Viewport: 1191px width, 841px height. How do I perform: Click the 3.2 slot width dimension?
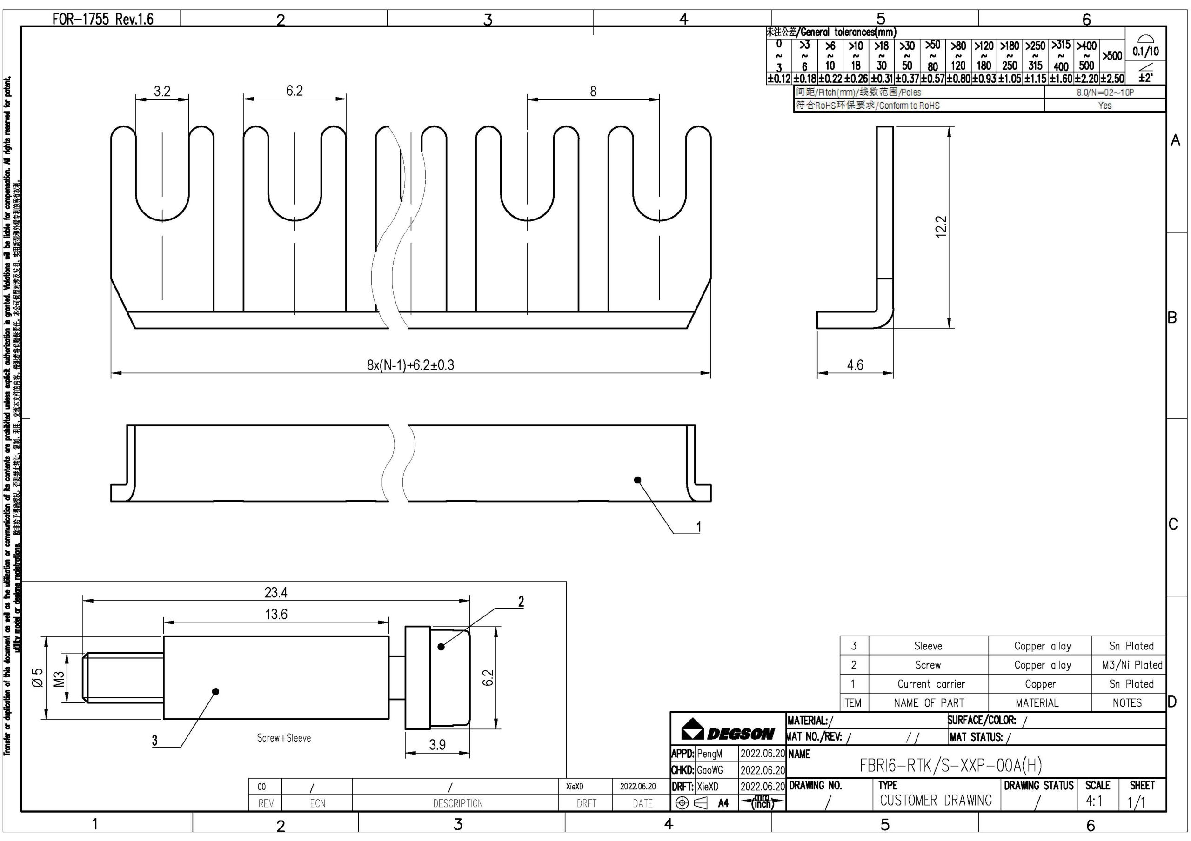[x=162, y=91]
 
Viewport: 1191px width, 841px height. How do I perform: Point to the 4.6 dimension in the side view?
[x=855, y=365]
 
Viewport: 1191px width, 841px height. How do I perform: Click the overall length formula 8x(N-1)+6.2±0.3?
[x=410, y=365]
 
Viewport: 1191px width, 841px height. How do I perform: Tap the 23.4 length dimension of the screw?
[x=275, y=592]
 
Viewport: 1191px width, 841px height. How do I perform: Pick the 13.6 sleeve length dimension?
[x=276, y=615]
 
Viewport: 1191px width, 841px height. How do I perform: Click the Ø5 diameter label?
[x=38, y=678]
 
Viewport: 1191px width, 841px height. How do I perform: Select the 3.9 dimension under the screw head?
[x=437, y=745]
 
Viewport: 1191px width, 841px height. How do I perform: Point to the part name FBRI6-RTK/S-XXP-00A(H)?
[x=950, y=765]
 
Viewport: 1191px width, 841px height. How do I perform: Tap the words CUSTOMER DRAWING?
[x=936, y=801]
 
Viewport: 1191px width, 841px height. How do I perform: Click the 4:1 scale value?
[x=1093, y=801]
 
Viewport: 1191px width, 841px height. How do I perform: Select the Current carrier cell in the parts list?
[x=931, y=684]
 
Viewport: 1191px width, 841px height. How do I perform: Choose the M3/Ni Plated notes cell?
[x=1132, y=665]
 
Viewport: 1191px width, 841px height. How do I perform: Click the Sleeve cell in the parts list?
[x=928, y=646]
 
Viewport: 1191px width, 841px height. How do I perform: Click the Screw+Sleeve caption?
[x=284, y=738]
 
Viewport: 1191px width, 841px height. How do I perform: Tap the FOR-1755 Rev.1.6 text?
[x=103, y=19]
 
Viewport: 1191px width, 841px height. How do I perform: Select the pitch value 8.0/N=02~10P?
[x=1105, y=93]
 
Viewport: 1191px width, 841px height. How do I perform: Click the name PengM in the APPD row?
[x=709, y=754]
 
